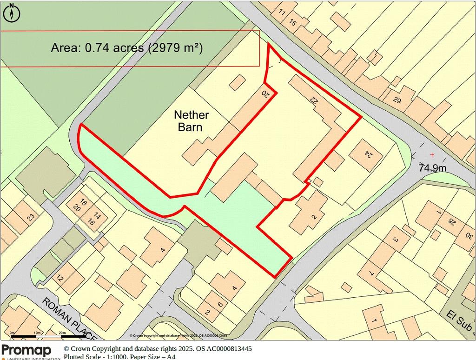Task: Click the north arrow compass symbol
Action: point(12,13)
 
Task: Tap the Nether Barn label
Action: point(191,120)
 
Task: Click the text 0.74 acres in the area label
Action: point(113,47)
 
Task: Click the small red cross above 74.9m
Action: point(432,154)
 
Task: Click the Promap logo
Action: point(27,350)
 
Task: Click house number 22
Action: point(314,99)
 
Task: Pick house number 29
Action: point(397,100)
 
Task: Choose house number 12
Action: point(59,278)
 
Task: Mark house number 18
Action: point(83,202)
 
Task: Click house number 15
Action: point(292,22)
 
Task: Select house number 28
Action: point(450,221)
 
